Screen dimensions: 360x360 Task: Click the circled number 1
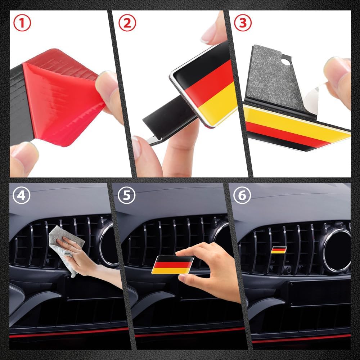point(22,23)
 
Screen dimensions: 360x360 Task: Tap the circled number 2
point(127,23)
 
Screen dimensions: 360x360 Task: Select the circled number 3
point(243,23)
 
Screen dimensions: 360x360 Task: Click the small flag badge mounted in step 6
point(279,249)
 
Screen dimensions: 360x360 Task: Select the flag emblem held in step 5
point(173,265)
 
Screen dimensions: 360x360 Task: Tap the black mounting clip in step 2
point(168,115)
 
